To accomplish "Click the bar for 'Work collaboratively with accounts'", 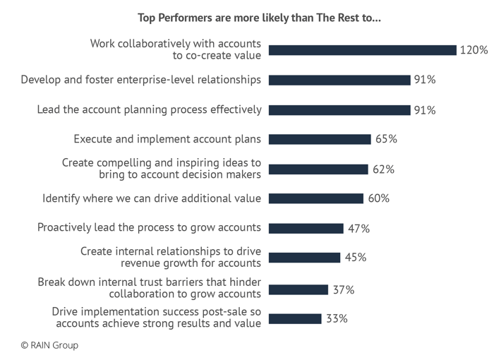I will click(x=362, y=50).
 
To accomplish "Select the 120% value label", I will click(x=474, y=50).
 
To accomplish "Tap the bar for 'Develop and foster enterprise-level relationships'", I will click(x=339, y=80).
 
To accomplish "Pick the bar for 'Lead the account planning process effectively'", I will click(x=339, y=109).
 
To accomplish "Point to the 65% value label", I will click(x=386, y=139).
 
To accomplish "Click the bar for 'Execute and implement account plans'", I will click(x=320, y=139).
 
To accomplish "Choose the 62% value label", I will click(x=383, y=169).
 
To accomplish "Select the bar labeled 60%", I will click(x=316, y=199).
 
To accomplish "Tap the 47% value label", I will click(x=359, y=229).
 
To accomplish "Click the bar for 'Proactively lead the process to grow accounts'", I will click(x=306, y=229).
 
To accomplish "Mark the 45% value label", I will click(x=355, y=258).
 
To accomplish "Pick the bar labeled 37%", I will click(x=299, y=289).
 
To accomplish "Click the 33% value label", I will click(x=337, y=318).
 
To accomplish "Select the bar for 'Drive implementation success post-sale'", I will click(x=295, y=318).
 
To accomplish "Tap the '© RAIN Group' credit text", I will click(x=49, y=345).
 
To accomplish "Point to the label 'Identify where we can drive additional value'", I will click(x=152, y=199).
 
